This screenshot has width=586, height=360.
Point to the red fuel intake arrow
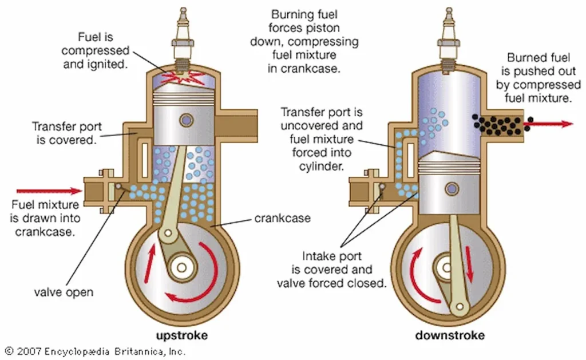point(49,191)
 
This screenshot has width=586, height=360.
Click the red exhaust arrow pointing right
point(552,124)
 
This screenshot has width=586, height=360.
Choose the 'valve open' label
point(64,292)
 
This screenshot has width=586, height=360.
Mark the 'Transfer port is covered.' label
point(64,133)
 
